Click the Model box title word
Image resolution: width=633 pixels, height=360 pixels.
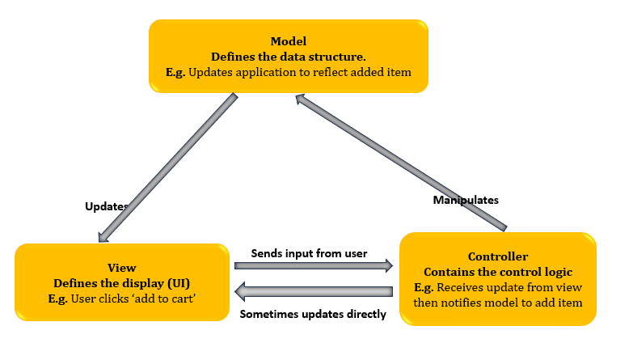pyautogui.click(x=288, y=41)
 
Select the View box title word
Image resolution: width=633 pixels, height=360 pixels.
pyautogui.click(x=121, y=267)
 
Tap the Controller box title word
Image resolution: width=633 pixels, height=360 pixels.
pyautogui.click(x=499, y=256)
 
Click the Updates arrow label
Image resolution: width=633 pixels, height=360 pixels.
pyautogui.click(x=106, y=206)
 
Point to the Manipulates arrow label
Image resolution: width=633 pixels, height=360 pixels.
pyautogui.click(x=465, y=199)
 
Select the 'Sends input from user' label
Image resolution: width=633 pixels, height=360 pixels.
pyautogui.click(x=309, y=253)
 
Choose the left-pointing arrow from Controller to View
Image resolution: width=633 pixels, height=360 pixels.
pyautogui.click(x=313, y=290)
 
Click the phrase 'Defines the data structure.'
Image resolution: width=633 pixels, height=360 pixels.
pyautogui.click(x=288, y=57)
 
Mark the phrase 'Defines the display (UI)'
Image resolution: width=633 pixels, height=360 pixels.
pyautogui.click(x=121, y=282)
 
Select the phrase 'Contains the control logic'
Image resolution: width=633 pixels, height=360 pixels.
pyautogui.click(x=499, y=272)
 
